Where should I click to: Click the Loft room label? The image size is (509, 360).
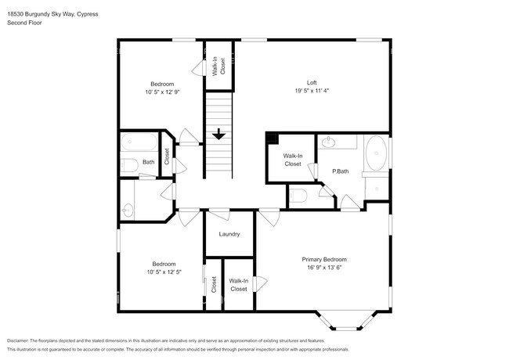312,83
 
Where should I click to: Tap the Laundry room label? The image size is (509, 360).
229,234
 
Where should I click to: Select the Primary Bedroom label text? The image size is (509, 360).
324,259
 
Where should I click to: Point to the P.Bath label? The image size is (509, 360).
341,171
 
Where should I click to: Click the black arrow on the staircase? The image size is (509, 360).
219,135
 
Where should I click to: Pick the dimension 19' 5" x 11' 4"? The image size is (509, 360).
312,91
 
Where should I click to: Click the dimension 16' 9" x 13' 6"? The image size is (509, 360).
324,268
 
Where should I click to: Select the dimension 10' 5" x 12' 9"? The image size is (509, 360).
163,92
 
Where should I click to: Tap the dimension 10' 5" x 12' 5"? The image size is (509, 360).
163,272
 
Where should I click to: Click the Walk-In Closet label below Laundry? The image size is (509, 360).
238,285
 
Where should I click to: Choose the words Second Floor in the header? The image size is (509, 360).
24,23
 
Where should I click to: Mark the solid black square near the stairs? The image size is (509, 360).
272,139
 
